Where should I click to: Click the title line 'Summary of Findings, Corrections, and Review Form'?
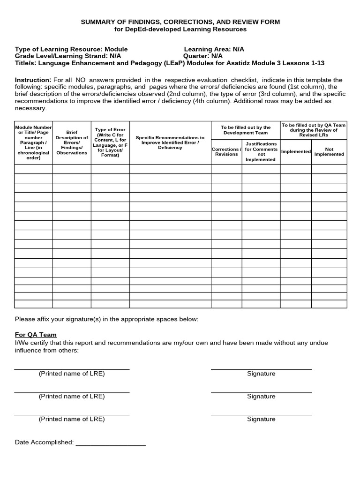tap(180, 22)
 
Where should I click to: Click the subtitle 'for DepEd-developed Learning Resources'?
tap(180, 29)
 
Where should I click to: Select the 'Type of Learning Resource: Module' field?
tap(71, 49)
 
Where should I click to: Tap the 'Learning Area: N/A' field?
tap(214, 49)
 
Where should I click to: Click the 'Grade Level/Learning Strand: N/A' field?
tap(68, 56)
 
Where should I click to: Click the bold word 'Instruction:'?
tap(33, 80)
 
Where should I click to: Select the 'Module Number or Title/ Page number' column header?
tap(33, 142)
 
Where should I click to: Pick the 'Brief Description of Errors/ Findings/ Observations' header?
tap(72, 142)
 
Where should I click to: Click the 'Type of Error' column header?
tap(110, 142)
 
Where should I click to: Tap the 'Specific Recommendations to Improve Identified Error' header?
tap(170, 142)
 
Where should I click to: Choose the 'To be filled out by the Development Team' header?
tap(246, 130)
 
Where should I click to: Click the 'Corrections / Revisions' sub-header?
tap(226, 152)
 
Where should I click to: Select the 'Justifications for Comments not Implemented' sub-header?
tap(261, 152)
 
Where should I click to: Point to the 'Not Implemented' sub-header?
tap(329, 152)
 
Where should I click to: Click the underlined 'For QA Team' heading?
tap(36, 335)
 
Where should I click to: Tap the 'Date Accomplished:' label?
tap(44, 442)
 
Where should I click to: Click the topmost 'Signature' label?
tap(261, 374)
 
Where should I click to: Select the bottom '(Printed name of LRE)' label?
tap(72, 419)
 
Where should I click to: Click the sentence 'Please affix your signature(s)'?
tap(106, 319)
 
